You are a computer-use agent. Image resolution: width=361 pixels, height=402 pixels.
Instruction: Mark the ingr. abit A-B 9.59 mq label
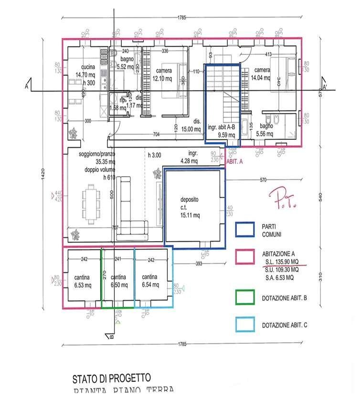pyautogui.click(x=222, y=131)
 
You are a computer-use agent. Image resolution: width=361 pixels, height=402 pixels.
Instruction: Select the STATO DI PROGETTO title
pyautogui.click(x=111, y=379)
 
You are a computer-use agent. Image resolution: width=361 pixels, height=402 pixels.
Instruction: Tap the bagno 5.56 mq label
pyautogui.click(x=266, y=130)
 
